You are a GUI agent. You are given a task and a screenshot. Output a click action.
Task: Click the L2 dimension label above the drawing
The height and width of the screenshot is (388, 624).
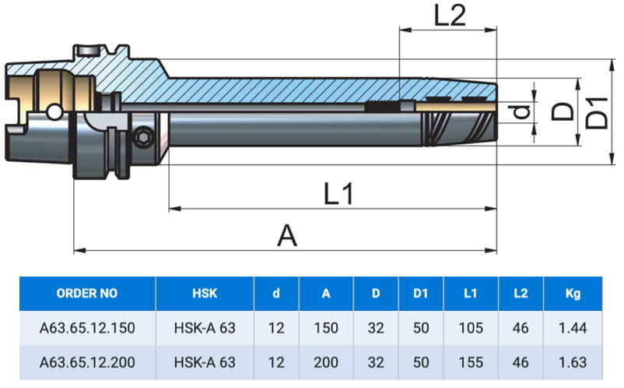point(450,16)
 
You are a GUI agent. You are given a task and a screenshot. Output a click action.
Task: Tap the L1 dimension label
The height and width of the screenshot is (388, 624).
point(338,193)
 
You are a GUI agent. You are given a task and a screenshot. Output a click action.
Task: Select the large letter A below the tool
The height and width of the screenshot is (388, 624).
point(287,235)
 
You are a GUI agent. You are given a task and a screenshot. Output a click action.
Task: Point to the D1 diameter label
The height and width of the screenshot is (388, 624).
point(597,113)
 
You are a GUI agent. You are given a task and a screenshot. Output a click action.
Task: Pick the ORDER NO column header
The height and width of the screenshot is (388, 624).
point(87,294)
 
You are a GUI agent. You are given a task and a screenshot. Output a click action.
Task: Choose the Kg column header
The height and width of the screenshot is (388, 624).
point(573,294)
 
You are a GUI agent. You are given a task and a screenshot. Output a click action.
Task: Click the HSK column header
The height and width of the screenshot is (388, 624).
point(205,294)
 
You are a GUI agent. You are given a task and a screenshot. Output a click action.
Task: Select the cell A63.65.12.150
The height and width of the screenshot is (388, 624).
point(87,328)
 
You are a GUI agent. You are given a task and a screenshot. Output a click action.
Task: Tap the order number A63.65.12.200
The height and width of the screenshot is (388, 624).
point(87,362)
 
